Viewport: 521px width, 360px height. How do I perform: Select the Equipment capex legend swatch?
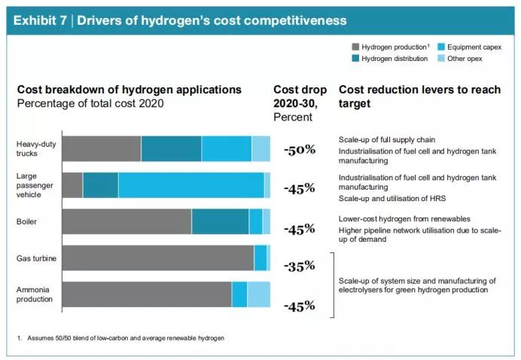pyautogui.click(x=441, y=47)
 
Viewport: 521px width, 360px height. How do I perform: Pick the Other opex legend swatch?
pyautogui.click(x=441, y=58)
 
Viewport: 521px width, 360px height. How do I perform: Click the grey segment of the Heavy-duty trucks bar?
pyautogui.click(x=101, y=148)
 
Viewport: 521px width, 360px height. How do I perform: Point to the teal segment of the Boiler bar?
pyautogui.click(x=220, y=221)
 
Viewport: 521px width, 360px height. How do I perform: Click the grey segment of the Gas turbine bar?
pyautogui.click(x=157, y=258)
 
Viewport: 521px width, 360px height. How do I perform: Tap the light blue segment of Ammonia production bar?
pyautogui.click(x=258, y=294)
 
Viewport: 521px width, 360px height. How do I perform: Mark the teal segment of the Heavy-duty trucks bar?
pyautogui.click(x=171, y=148)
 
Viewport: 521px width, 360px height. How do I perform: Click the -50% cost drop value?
pyautogui.click(x=299, y=149)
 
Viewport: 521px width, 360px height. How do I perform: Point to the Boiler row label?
pyautogui.click(x=27, y=221)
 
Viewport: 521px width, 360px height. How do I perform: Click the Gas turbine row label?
pyautogui.click(x=36, y=258)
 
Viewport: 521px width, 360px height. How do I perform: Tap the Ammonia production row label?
pyautogui.click(x=35, y=294)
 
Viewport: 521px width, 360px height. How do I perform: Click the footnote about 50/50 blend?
pyautogui.click(x=120, y=338)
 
